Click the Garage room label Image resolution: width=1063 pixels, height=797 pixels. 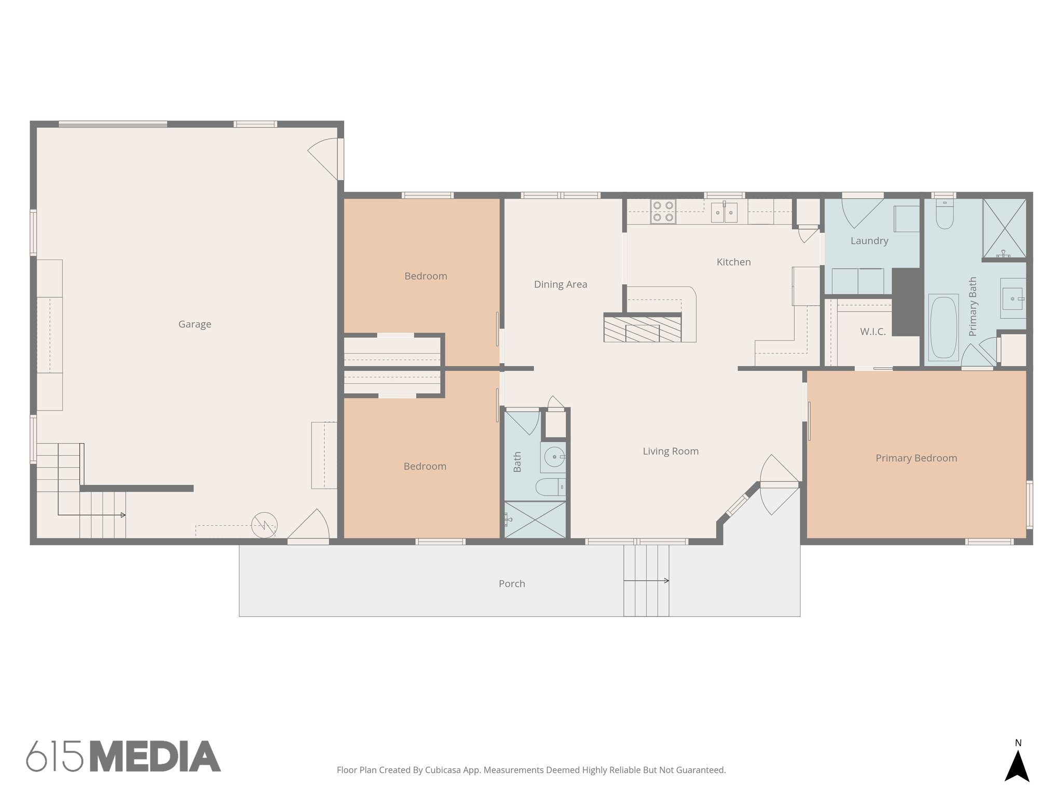click(x=195, y=324)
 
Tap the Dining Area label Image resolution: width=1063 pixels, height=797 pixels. click(x=561, y=284)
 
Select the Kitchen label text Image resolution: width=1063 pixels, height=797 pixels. click(x=733, y=262)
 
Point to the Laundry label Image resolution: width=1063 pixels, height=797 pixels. click(x=869, y=241)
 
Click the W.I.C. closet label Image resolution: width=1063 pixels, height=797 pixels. click(x=873, y=332)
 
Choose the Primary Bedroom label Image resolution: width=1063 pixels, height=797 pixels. click(x=916, y=458)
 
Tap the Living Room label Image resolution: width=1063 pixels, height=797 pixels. click(x=671, y=451)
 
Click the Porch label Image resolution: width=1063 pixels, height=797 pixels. click(x=512, y=584)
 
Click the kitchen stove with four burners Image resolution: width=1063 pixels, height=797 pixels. click(x=663, y=212)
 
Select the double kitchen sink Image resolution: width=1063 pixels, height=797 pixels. click(x=724, y=212)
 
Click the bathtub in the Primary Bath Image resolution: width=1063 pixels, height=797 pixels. click(x=944, y=327)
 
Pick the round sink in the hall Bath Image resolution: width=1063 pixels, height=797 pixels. click(x=553, y=457)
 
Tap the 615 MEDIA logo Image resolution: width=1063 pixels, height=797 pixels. click(x=124, y=757)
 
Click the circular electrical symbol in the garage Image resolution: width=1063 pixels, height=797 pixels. click(x=264, y=526)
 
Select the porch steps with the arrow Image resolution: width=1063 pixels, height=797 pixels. click(x=646, y=581)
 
